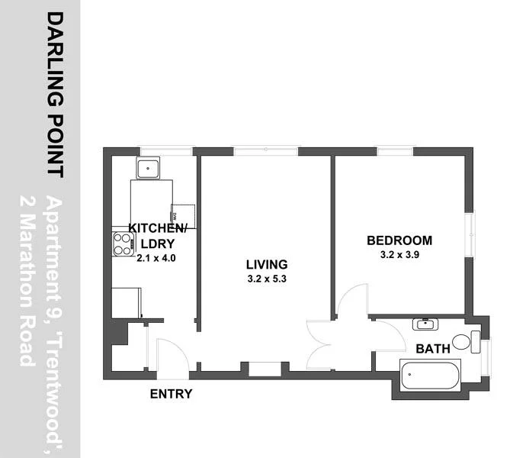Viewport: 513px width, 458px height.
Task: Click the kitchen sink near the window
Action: click(146, 167)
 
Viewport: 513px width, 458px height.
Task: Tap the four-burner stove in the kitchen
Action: click(123, 243)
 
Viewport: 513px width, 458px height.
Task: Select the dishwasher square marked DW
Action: click(183, 216)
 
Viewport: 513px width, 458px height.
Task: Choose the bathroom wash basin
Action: click(424, 324)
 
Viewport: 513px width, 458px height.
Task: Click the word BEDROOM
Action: click(399, 240)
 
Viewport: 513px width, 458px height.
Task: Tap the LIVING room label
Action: click(266, 265)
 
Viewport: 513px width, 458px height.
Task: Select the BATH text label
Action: click(431, 350)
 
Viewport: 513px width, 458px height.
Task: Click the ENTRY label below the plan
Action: click(171, 394)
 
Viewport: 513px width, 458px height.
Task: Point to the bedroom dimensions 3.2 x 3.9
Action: click(399, 255)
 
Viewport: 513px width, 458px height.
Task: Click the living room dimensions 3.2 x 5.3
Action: click(266, 279)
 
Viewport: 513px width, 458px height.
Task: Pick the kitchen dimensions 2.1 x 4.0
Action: click(156, 258)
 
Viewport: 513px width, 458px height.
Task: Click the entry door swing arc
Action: click(169, 351)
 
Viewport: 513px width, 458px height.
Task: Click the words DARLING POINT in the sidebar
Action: click(56, 93)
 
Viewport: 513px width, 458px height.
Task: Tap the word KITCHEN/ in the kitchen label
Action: click(157, 228)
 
